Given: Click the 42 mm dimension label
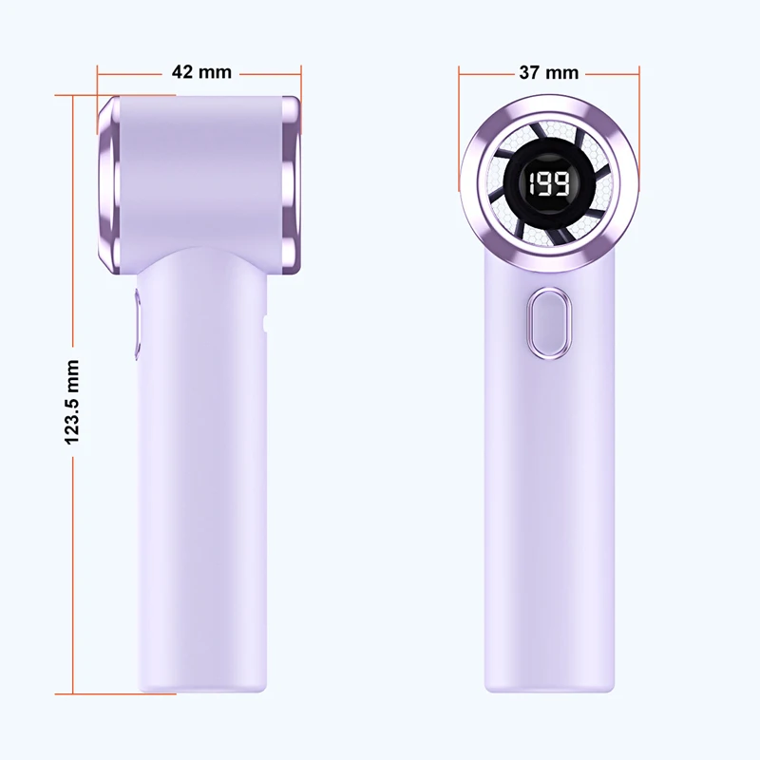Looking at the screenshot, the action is [x=201, y=72].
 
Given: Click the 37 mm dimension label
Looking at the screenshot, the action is [x=549, y=73].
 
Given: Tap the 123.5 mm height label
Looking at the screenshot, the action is [x=72, y=402].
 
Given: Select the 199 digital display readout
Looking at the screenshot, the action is [x=549, y=184].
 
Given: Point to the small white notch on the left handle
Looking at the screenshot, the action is [x=264, y=323].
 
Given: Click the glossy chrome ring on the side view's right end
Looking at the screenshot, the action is [x=291, y=185].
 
